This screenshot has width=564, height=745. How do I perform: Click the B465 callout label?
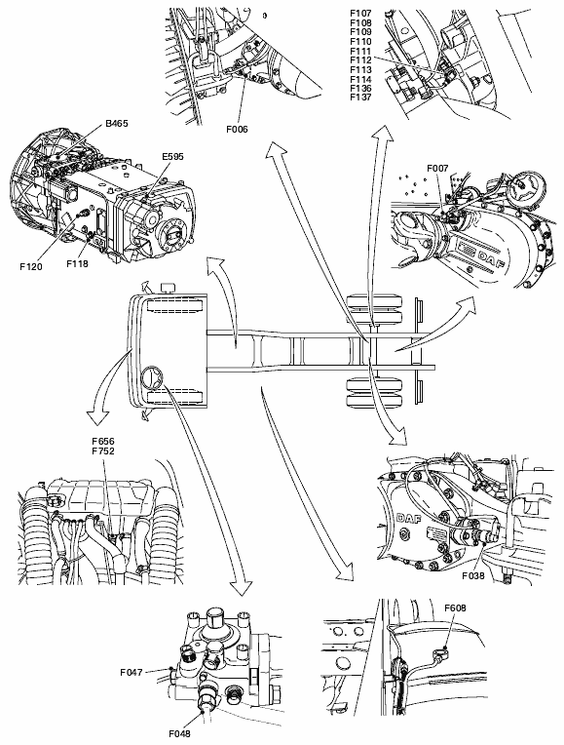pos(116,124)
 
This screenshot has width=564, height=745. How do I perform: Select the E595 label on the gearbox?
pos(171,157)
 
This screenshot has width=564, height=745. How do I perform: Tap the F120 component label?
pos(31,266)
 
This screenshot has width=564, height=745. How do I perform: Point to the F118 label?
pos(77,262)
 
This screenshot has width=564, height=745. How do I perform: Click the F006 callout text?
pos(237,130)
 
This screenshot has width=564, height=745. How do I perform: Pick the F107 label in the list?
pos(360,14)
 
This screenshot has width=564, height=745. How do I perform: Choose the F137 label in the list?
pos(360,98)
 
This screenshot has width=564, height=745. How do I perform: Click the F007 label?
pos(437,168)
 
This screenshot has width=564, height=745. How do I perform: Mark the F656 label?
pos(103,442)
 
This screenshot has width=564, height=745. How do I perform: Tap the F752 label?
pos(103,451)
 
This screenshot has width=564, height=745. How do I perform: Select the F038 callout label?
pos(473,576)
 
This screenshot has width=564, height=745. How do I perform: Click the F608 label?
pos(455,608)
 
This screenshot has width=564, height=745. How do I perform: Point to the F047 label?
pos(132,672)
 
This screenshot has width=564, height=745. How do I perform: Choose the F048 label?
pos(179,733)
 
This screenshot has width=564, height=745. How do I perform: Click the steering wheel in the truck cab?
pos(152,377)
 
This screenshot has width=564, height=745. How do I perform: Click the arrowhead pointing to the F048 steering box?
pos(243,587)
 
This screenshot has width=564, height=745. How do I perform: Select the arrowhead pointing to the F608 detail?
pos(346,572)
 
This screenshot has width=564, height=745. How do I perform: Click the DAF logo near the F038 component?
pos(408,518)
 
